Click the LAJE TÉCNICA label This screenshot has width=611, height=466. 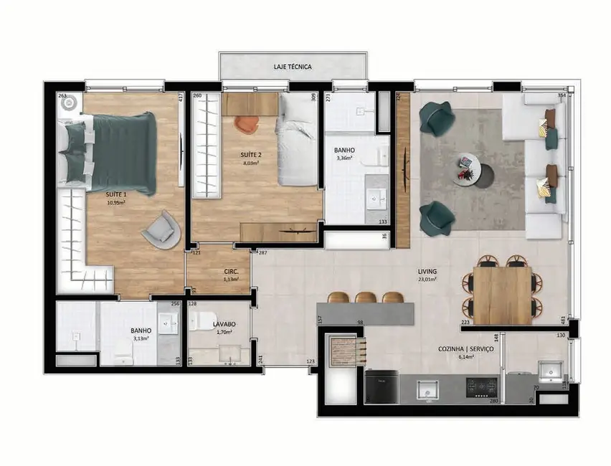coord(293,67)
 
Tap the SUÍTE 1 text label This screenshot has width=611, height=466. coord(117,194)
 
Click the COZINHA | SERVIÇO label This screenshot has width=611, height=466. coord(466,348)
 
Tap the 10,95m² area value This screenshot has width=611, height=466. coord(117,202)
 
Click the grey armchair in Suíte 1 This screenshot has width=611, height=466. coord(161,229)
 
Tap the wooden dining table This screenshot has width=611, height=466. coord(503,295)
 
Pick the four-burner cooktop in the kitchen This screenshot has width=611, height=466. coord(481,389)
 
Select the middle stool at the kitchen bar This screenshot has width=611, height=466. coord(366,298)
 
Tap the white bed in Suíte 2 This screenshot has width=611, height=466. coord(298,140)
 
